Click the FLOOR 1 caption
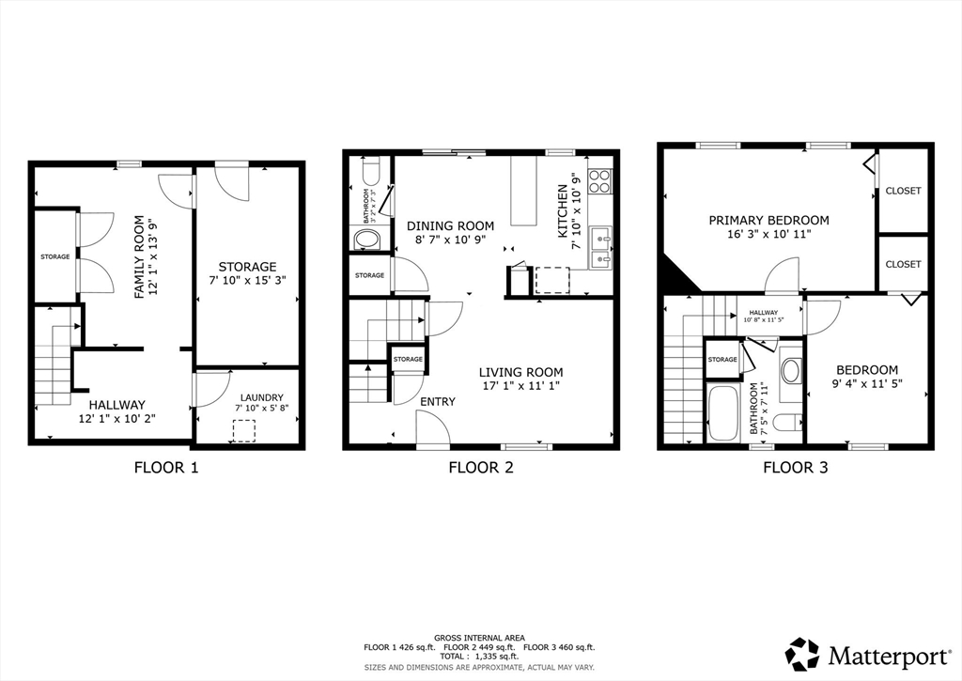(166, 468)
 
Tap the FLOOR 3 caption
(795, 468)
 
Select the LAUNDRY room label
(261, 397)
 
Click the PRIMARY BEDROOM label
(768, 220)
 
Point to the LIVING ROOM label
(520, 372)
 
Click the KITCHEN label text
(562, 211)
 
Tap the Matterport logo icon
(802, 655)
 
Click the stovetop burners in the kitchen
(600, 181)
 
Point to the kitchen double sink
(600, 248)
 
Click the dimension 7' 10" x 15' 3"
(248, 280)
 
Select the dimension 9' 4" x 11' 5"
(867, 383)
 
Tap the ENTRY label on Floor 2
(438, 402)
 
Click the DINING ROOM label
(450, 226)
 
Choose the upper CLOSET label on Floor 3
(903, 191)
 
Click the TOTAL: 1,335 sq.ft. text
(479, 656)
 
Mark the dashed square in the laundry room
(244, 431)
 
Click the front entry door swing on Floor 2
(432, 427)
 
